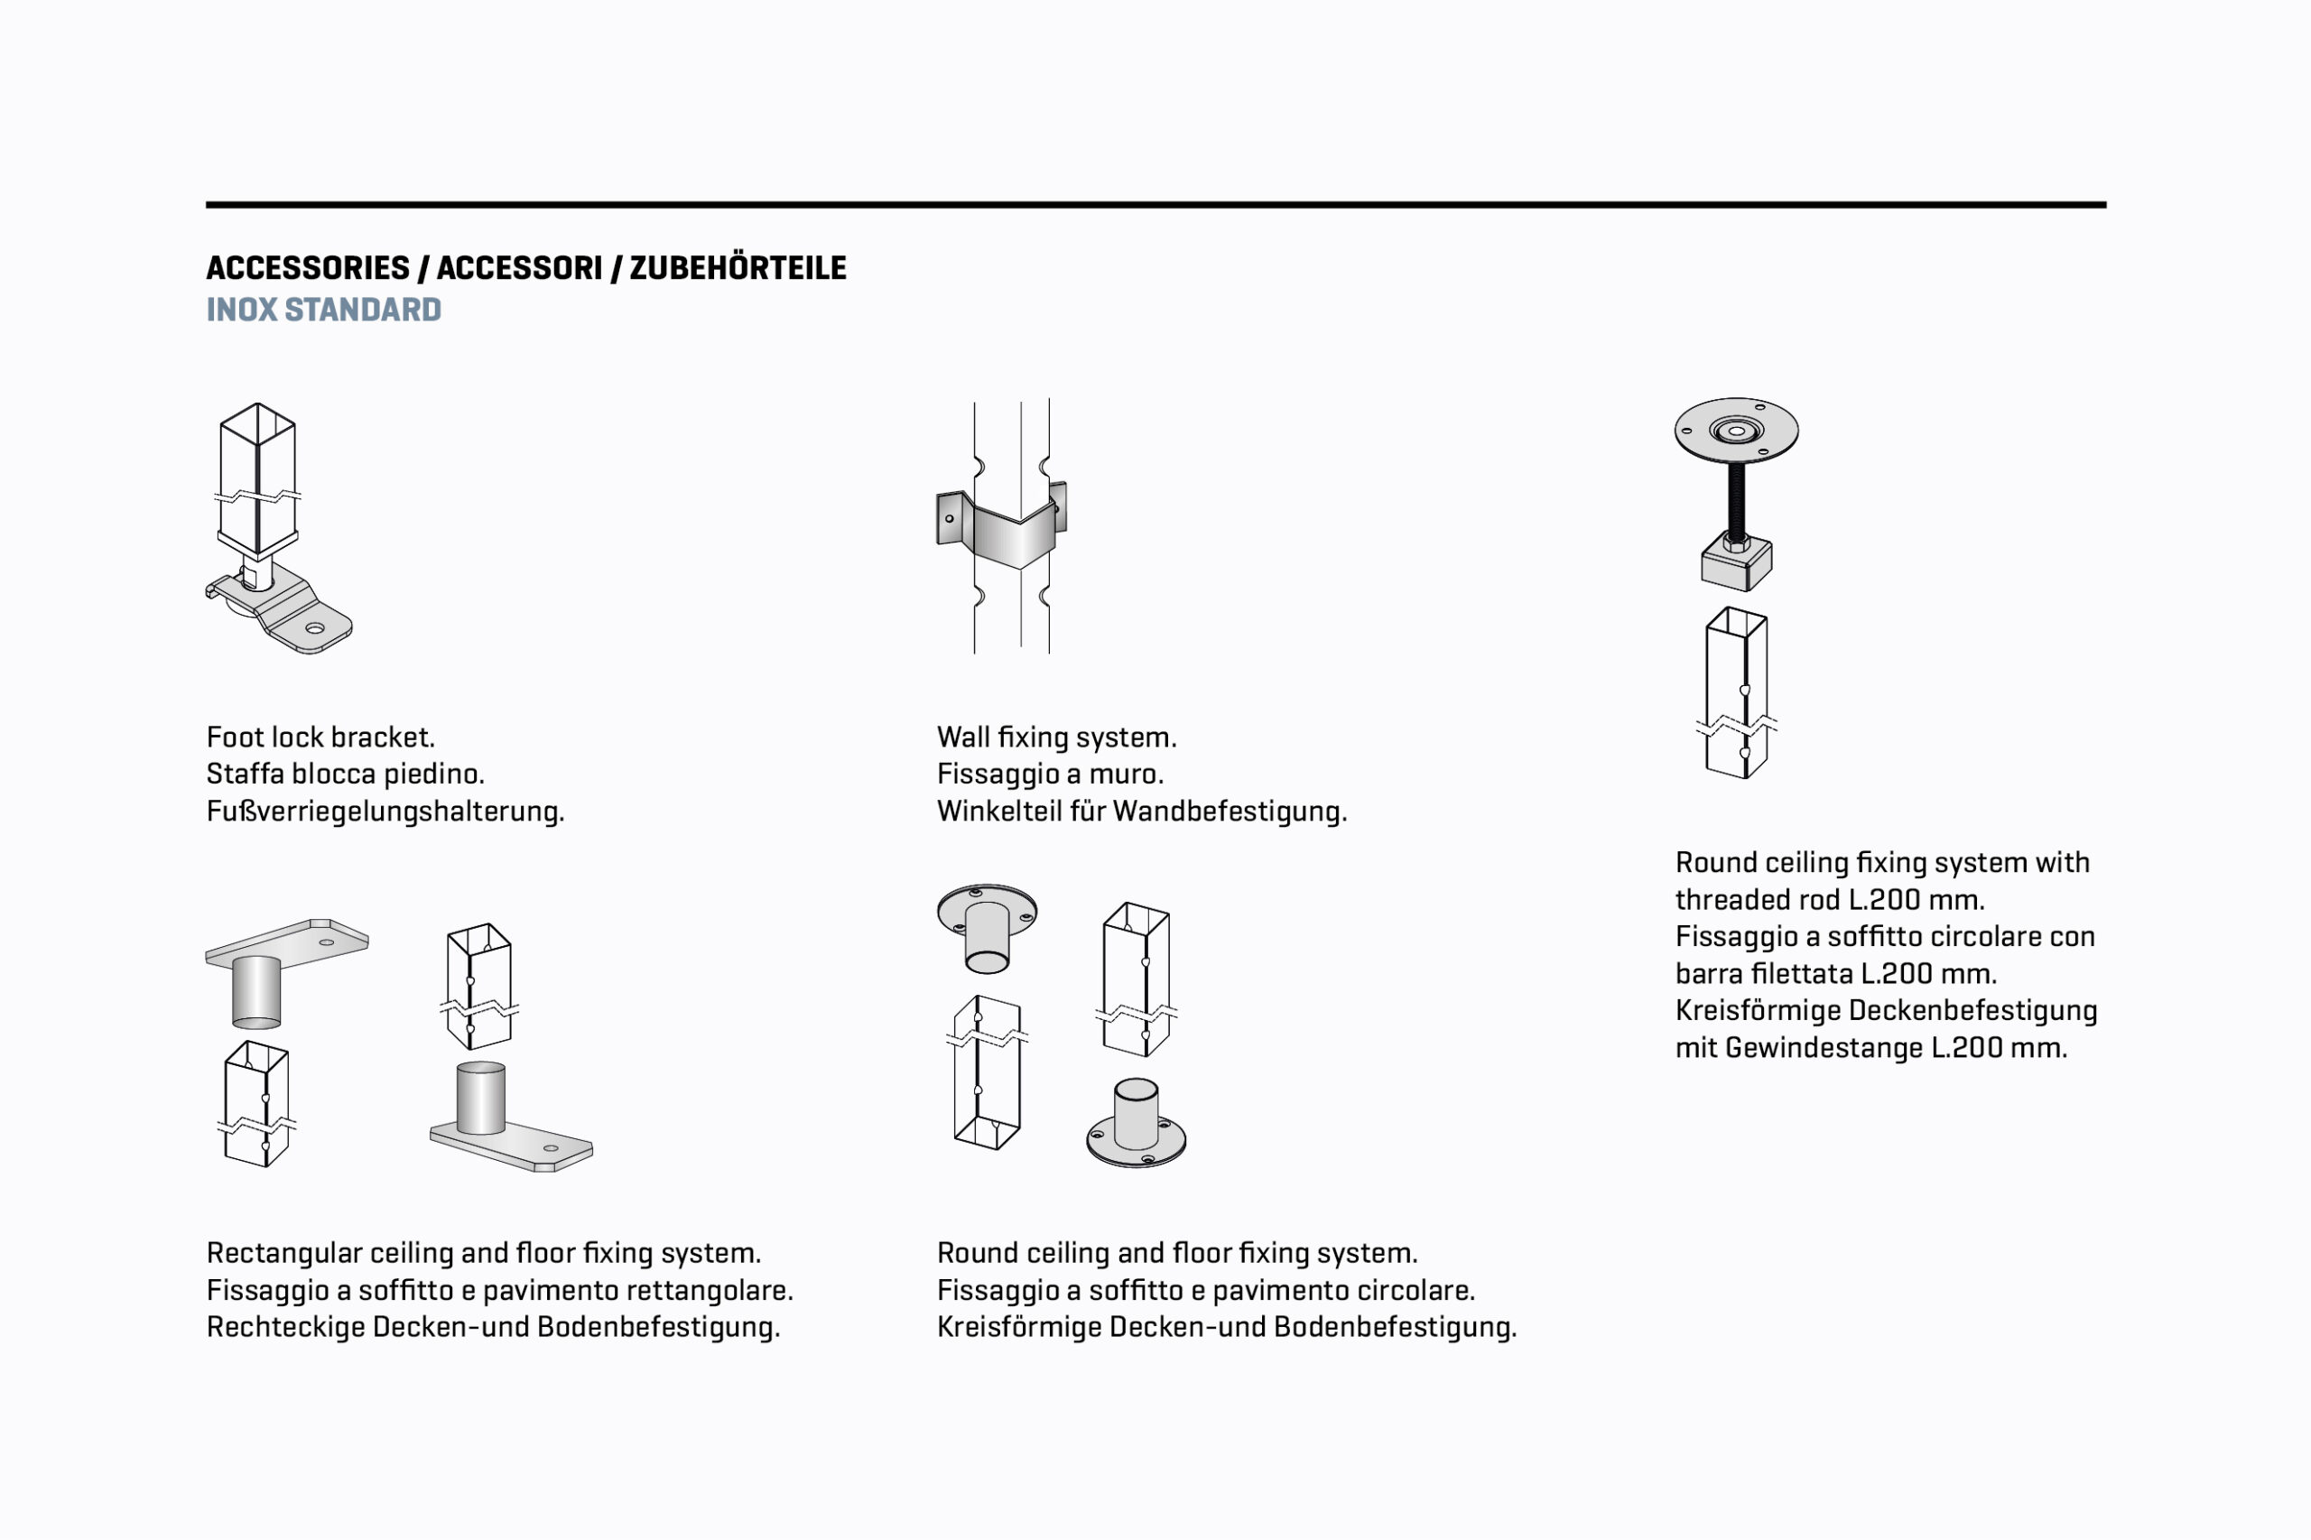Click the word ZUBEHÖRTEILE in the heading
pos(738,268)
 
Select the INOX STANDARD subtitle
pos(323,311)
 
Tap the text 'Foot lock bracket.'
pos(320,738)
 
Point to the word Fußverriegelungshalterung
pos(385,812)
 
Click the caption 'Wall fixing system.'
pos(1056,738)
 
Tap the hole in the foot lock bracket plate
pos(314,628)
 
